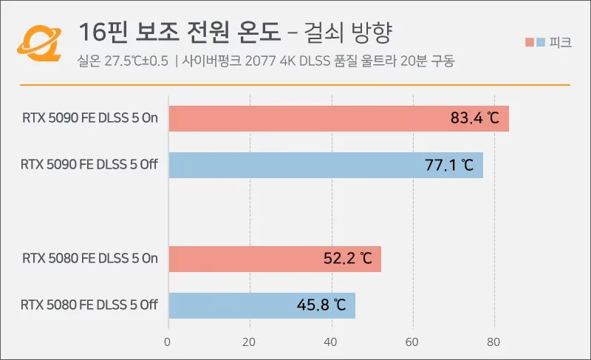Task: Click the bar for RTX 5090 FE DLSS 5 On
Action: tap(339, 119)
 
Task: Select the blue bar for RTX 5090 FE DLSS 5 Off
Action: tap(326, 165)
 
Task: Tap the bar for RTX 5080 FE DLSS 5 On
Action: tap(275, 259)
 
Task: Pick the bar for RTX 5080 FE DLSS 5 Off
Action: tap(262, 305)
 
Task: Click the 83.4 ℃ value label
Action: tap(474, 118)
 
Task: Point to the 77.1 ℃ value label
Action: tap(449, 165)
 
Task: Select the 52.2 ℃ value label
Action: tap(347, 258)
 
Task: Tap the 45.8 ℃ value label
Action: tap(321, 305)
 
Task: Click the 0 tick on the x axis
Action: tap(168, 342)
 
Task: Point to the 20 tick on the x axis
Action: tap(249, 342)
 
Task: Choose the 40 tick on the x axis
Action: tap(330, 342)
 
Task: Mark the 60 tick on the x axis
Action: tap(411, 342)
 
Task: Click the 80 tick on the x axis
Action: tap(493, 342)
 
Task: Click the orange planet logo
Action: tap(39, 43)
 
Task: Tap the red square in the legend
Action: tap(530, 42)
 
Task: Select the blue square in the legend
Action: tap(541, 42)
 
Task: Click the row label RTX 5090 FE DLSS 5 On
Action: tap(90, 118)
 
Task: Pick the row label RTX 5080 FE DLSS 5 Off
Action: tap(89, 305)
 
